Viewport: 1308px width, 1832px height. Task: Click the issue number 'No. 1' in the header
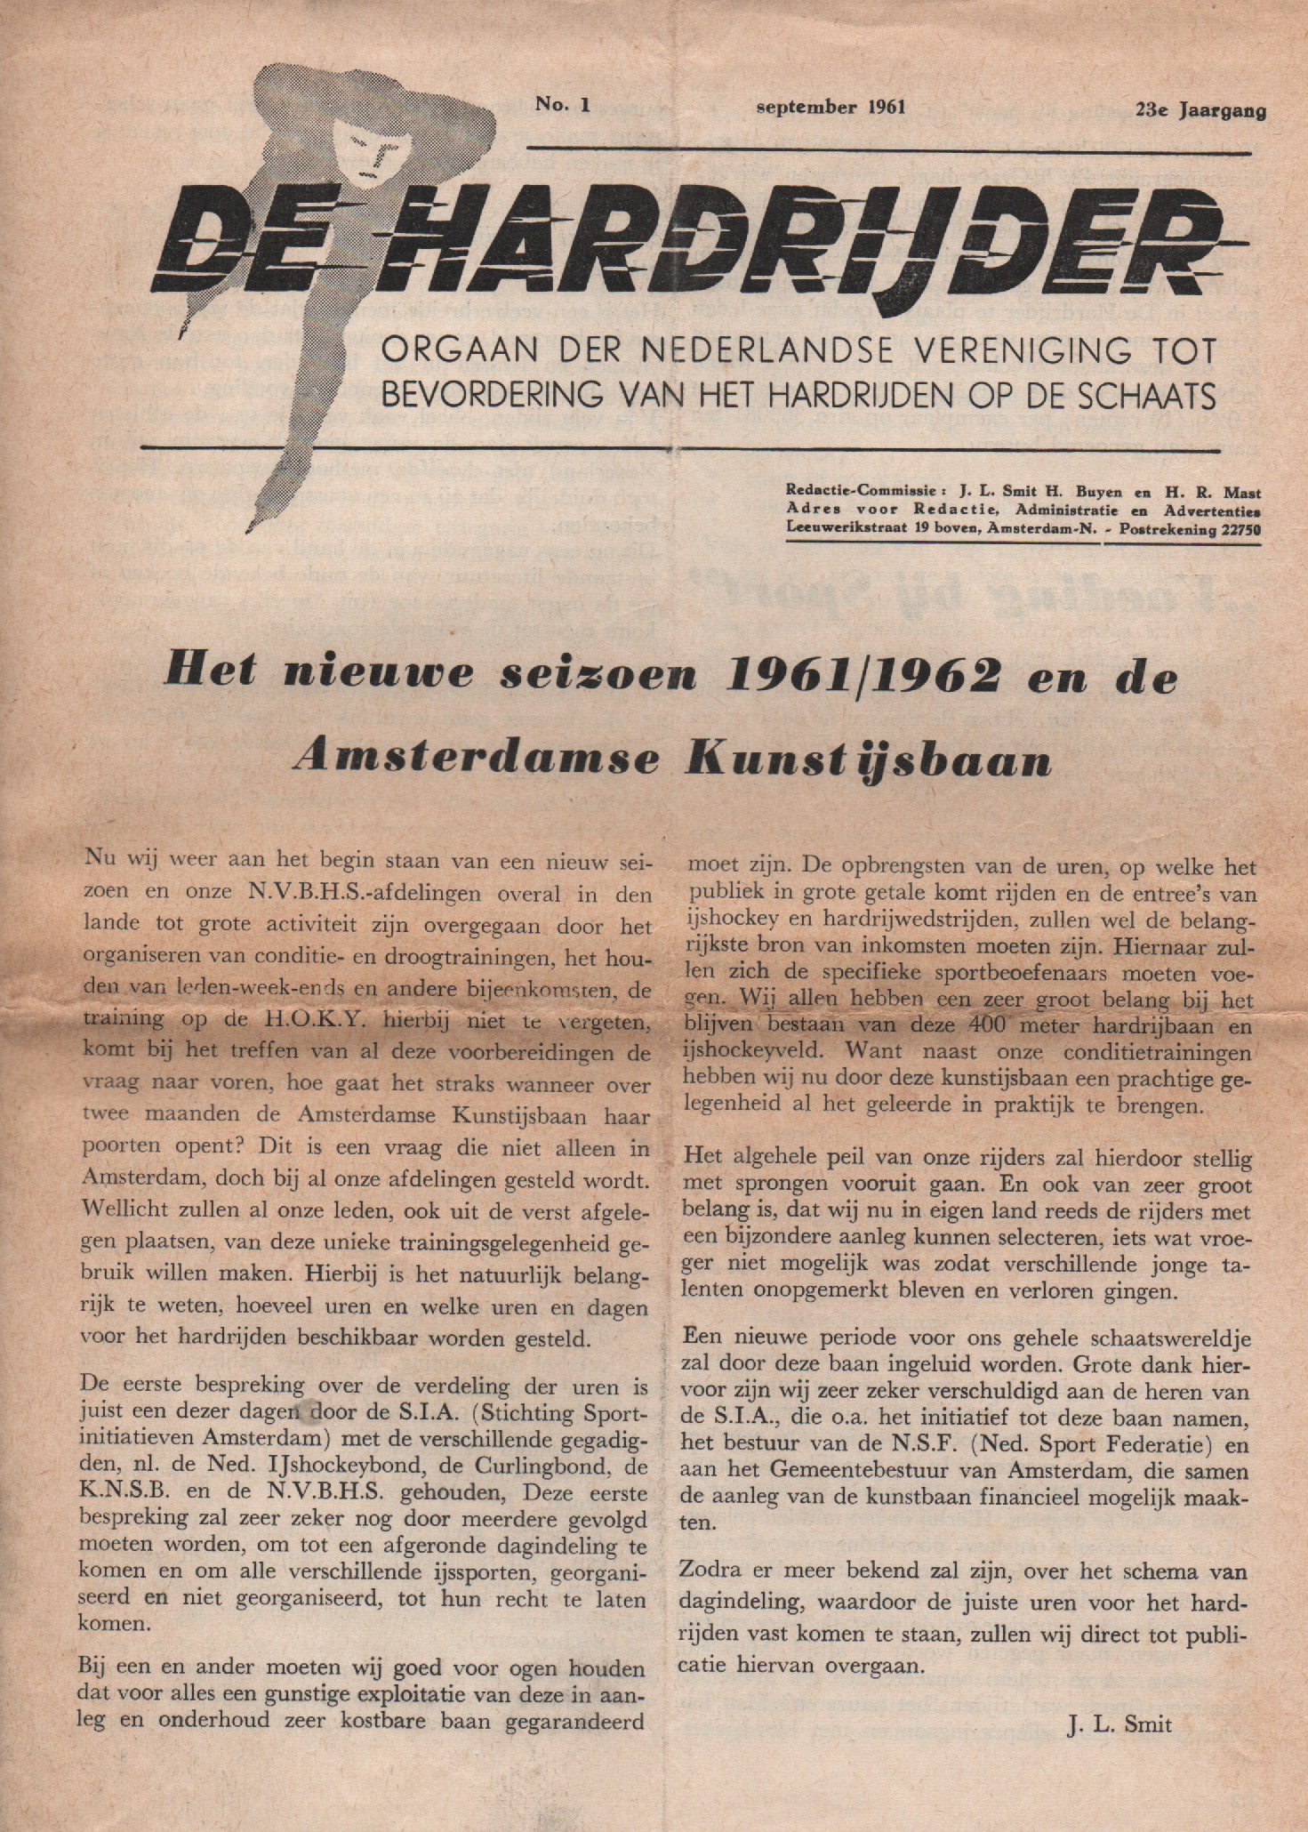[562, 105]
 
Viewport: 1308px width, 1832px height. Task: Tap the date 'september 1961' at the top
[830, 108]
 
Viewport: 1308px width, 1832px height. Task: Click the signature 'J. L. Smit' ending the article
[1119, 1724]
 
